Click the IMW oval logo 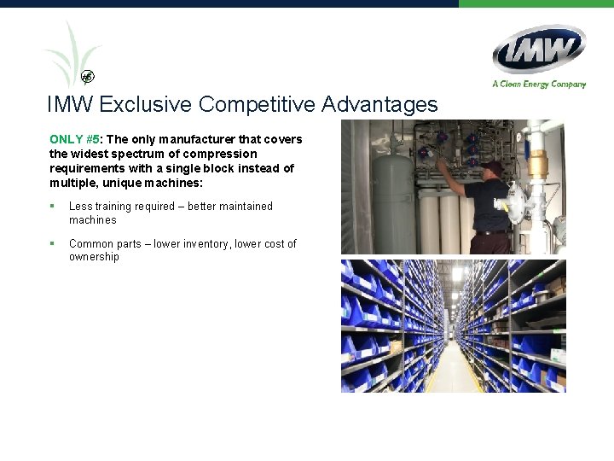tap(538, 49)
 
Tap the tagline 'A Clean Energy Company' tap(539, 84)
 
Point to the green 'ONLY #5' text tap(75, 139)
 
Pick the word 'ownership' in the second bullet tap(94, 257)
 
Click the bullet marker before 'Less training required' tap(52, 207)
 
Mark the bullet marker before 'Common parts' tap(52, 244)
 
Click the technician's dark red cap tap(490, 166)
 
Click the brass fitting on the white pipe tap(536, 165)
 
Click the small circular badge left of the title tap(88, 77)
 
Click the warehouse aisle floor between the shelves tap(453, 372)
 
